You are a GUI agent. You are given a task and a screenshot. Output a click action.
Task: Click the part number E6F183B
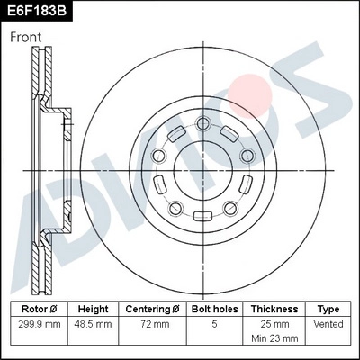[x=37, y=12]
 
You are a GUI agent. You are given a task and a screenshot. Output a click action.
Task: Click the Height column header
[x=93, y=309]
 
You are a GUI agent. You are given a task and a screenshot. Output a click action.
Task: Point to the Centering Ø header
[x=152, y=309]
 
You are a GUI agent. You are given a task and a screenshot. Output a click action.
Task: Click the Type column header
[x=328, y=309]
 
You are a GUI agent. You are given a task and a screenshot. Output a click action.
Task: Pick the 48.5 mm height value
[x=93, y=323]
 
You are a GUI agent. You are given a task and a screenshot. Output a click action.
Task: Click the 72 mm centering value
[x=152, y=323]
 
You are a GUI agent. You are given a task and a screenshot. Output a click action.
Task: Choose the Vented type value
[x=328, y=323]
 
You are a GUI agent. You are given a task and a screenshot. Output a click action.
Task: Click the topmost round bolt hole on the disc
[x=203, y=123]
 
